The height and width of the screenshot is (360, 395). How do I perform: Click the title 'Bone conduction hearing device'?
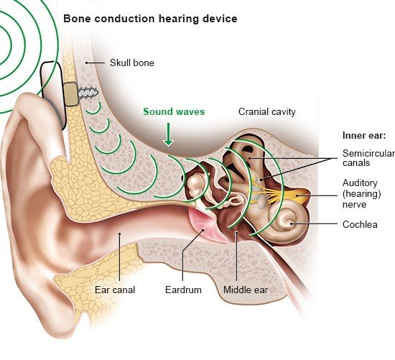click(x=150, y=19)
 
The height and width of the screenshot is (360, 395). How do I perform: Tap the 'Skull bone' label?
click(x=131, y=63)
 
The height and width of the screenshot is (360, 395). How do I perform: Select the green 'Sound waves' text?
click(x=174, y=111)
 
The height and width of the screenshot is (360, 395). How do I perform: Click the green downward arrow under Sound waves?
click(x=168, y=134)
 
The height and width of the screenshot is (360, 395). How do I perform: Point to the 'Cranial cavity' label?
click(x=266, y=111)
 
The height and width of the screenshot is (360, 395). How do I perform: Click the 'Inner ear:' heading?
click(x=364, y=135)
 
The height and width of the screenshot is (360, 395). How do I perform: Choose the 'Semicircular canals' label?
click(x=368, y=158)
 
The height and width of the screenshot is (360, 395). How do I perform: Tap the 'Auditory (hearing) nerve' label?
click(x=361, y=193)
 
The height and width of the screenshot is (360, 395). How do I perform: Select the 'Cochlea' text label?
click(x=360, y=224)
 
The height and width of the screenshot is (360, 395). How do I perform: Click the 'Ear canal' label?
click(x=115, y=290)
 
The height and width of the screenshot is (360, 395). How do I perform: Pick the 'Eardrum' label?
click(x=183, y=290)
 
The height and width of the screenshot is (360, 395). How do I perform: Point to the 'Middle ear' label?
click(x=246, y=290)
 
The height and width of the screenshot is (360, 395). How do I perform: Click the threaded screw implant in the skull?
click(x=88, y=93)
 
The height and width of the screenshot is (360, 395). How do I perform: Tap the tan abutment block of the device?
click(x=70, y=94)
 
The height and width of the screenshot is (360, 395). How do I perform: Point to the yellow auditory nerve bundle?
click(x=282, y=193)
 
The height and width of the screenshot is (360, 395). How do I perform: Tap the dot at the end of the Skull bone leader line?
click(x=86, y=63)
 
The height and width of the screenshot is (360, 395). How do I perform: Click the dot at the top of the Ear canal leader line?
click(x=120, y=234)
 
